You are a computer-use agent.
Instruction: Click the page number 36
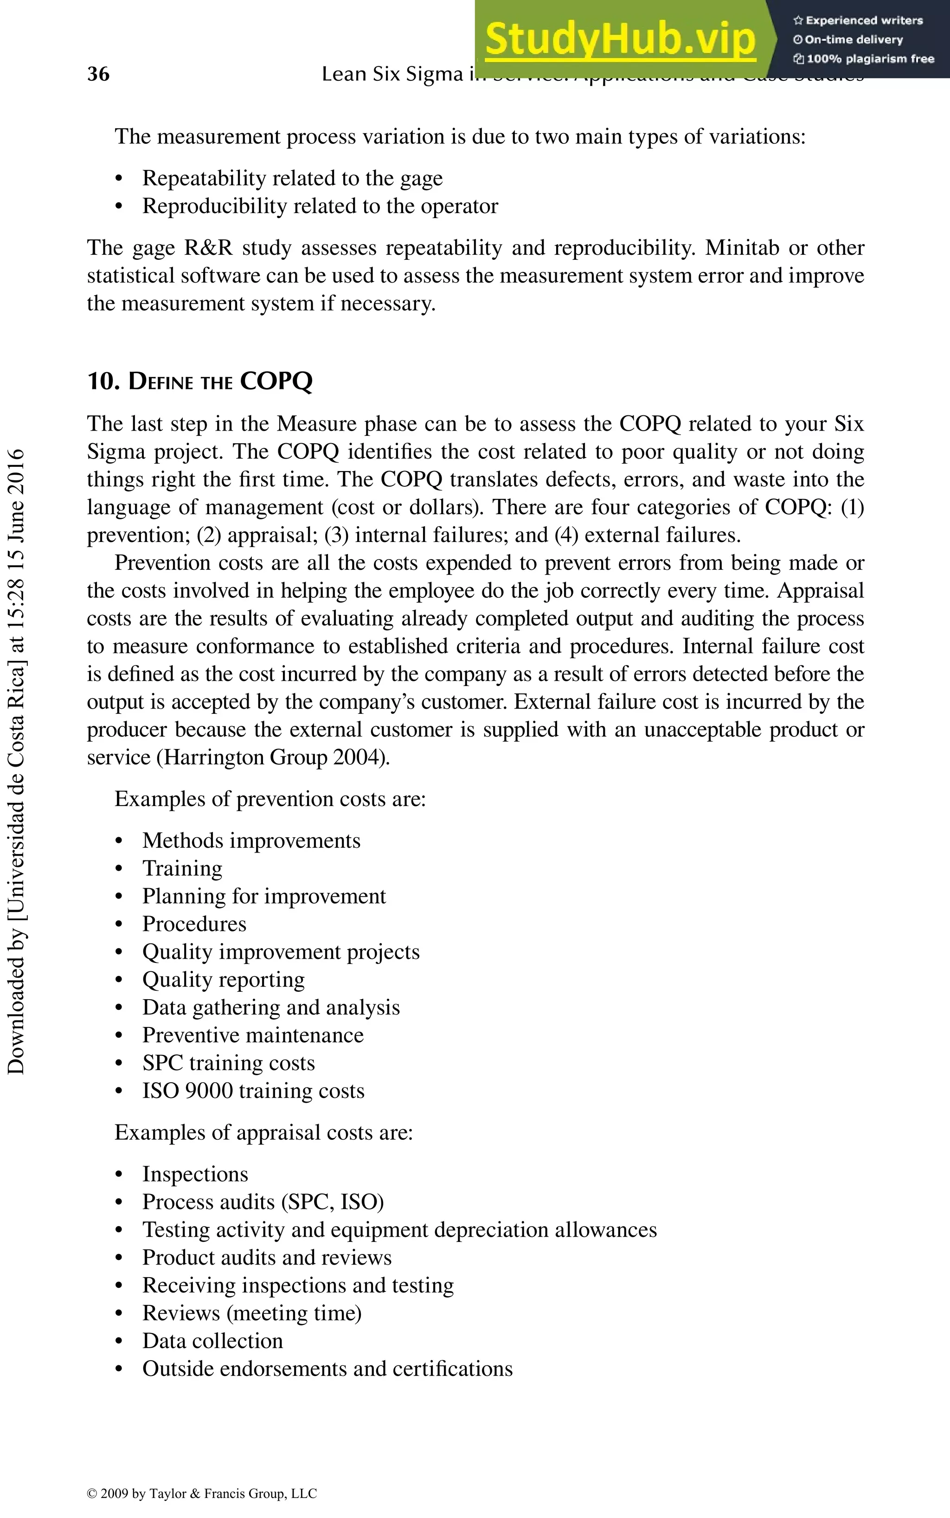click(x=98, y=74)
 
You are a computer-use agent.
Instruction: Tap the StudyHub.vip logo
click(x=620, y=39)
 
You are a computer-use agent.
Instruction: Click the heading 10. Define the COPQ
click(x=200, y=381)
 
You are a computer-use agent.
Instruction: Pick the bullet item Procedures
click(x=194, y=924)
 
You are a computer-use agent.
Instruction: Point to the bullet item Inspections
click(x=195, y=1174)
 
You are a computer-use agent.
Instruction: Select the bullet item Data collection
click(x=212, y=1340)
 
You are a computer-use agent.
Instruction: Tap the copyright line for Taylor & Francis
click(x=202, y=1493)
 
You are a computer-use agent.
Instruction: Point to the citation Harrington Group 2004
click(x=273, y=757)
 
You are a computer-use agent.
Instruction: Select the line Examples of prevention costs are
click(x=270, y=799)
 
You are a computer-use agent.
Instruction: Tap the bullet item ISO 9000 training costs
click(x=253, y=1091)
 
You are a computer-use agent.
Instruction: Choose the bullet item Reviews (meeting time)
click(x=252, y=1312)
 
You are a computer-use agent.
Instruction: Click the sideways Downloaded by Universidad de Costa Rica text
click(x=16, y=761)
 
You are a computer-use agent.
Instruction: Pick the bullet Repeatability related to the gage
click(x=292, y=179)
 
